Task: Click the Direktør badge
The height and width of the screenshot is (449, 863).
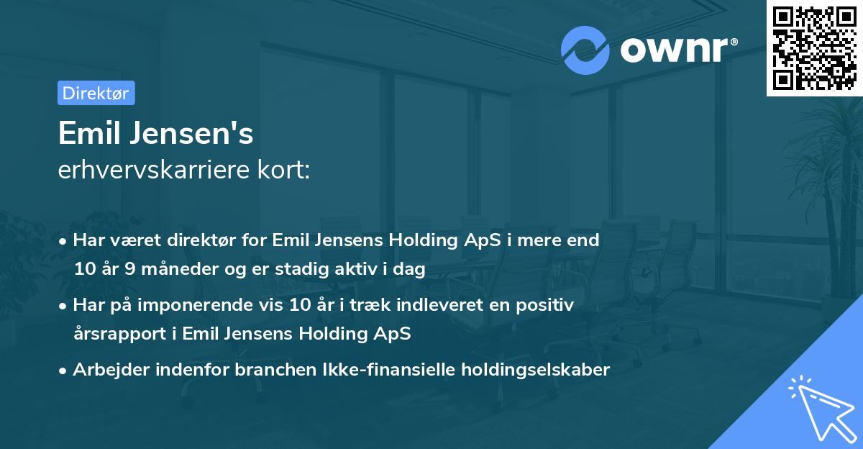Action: coord(96,93)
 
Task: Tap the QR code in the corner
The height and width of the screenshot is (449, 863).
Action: coord(814,48)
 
